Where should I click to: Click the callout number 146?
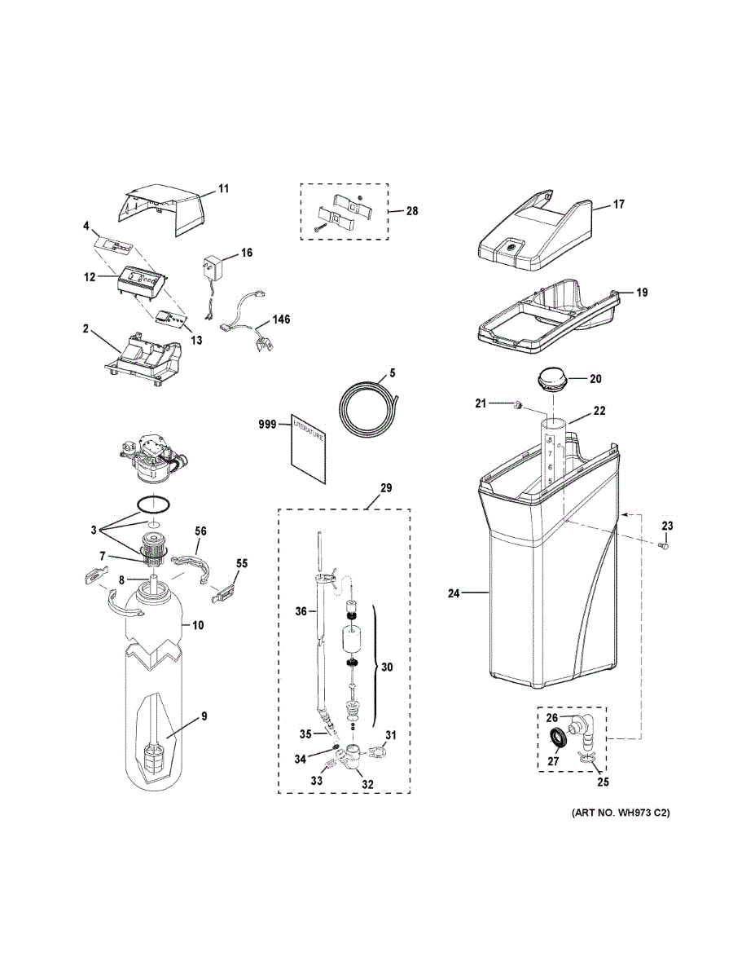(281, 319)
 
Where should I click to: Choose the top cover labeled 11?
(168, 209)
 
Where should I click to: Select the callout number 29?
(386, 488)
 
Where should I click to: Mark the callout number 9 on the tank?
(204, 716)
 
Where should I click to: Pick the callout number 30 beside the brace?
(387, 667)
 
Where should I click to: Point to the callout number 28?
(412, 211)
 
